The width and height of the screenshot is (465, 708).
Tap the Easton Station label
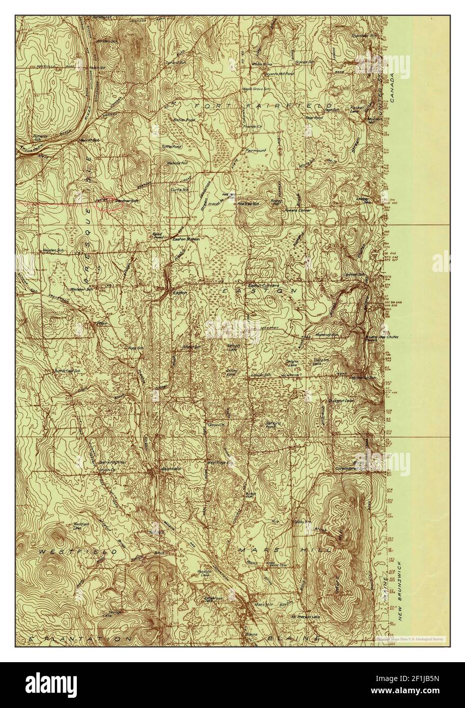click(x=186, y=238)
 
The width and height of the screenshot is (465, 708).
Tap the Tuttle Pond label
click(x=171, y=146)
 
